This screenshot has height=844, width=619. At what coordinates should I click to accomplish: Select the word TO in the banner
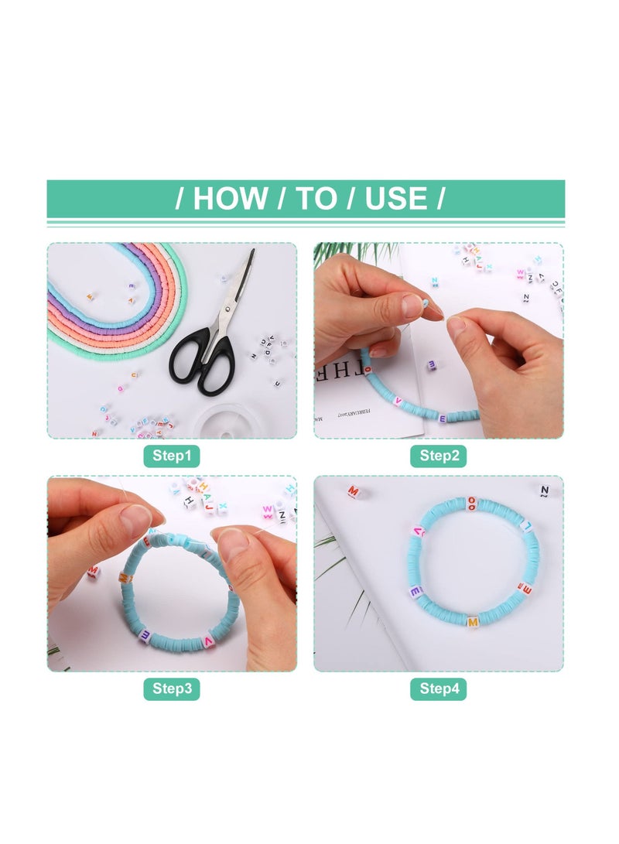click(316, 199)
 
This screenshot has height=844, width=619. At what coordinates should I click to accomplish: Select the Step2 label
click(439, 456)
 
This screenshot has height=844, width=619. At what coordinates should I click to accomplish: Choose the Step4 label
click(439, 689)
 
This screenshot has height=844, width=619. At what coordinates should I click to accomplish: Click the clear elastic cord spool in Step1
click(221, 422)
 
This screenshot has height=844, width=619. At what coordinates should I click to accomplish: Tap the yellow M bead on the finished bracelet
click(472, 620)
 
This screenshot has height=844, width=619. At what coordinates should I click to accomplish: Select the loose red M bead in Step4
click(354, 491)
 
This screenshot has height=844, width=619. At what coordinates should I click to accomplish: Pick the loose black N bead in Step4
click(544, 490)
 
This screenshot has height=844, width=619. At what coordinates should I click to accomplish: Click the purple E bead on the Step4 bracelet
click(416, 592)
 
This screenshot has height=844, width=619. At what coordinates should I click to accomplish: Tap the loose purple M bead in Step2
click(431, 364)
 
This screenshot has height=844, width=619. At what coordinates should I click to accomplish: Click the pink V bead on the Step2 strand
click(398, 401)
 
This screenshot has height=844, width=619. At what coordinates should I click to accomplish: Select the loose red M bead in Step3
click(93, 572)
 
